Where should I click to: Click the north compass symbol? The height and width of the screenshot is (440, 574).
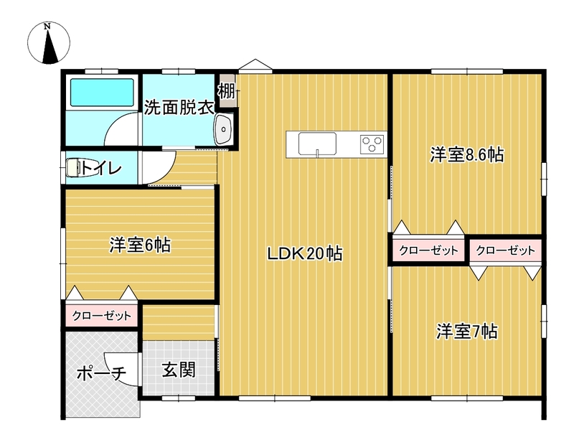pos(49,43)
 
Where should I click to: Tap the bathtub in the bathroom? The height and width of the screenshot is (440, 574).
pos(102,93)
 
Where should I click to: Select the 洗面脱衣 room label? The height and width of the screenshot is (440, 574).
pos(178,108)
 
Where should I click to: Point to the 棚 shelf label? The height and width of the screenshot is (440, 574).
pos(227,91)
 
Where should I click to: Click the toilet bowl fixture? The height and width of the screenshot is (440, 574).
pos(73,168)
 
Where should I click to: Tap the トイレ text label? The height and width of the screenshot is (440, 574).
pos(100,168)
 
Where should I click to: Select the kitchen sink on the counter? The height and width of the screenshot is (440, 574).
pos(317,144)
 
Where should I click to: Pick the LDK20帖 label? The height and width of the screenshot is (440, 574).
pos(305,253)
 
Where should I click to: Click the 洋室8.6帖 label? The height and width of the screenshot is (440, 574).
pos(467,155)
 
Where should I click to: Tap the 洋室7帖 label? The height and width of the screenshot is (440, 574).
pos(467,332)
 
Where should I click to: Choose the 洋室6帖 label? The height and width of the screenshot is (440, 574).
pos(140,245)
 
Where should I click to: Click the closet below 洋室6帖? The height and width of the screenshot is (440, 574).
pos(101,315)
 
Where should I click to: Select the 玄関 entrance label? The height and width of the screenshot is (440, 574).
pos(179,370)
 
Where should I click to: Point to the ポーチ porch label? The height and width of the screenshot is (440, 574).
pos(101,373)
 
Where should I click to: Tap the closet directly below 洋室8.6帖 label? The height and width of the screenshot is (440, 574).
pos(428,251)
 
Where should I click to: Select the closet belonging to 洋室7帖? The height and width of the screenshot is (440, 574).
pos(505,251)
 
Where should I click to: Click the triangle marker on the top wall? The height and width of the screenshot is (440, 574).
pos(255,65)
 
